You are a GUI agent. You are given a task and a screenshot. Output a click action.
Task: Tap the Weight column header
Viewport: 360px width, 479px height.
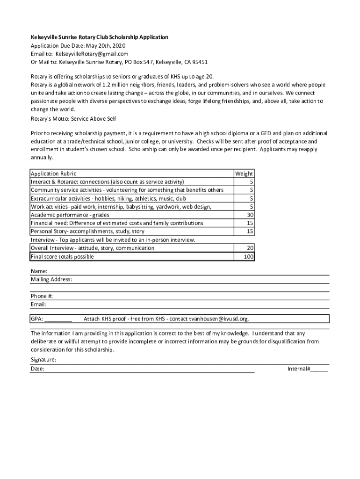pyautogui.click(x=244, y=174)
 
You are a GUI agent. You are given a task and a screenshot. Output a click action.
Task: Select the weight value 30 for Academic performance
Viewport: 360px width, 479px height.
pyautogui.click(x=250, y=215)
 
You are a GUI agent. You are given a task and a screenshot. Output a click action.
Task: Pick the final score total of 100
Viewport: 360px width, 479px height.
pyautogui.click(x=248, y=257)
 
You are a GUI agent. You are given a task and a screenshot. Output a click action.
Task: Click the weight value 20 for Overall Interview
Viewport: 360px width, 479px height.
pyautogui.click(x=250, y=248)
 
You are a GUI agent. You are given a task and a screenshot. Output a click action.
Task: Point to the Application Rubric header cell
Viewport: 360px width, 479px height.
pyautogui.click(x=53, y=174)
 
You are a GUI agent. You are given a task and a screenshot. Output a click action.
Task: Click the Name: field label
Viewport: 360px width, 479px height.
pyautogui.click(x=39, y=271)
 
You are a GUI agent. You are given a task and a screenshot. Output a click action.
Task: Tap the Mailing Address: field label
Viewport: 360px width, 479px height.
pyautogui.click(x=51, y=279)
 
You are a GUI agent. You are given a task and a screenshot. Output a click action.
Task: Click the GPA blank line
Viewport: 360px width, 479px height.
pyautogui.click(x=58, y=319)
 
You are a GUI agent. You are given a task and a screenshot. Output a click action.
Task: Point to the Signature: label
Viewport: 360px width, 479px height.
pyautogui.click(x=43, y=360)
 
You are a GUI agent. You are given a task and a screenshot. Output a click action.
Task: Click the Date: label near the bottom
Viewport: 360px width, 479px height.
pyautogui.click(x=38, y=369)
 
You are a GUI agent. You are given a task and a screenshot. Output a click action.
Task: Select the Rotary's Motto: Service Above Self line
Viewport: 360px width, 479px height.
pyautogui.click(x=73, y=119)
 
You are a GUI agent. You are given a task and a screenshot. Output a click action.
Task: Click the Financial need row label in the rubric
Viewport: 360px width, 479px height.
pyautogui.click(x=117, y=223)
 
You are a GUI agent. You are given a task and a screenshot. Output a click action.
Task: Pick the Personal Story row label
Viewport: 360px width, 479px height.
pyautogui.click(x=87, y=231)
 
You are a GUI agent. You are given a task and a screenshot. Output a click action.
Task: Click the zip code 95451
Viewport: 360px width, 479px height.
pyautogui.click(x=199, y=62)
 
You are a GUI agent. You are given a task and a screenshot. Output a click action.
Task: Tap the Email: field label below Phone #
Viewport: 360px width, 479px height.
pyautogui.click(x=39, y=305)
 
